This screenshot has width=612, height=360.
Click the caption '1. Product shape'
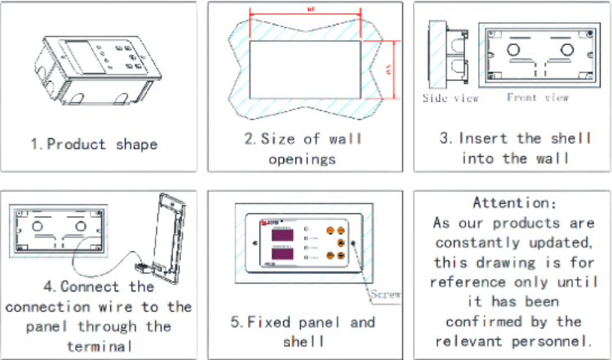pyautogui.click(x=94, y=144)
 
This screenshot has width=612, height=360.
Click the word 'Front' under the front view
pyautogui.click(x=521, y=97)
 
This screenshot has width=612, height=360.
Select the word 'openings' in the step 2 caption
pyautogui.click(x=302, y=158)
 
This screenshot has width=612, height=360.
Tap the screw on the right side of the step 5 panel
pyautogui.click(x=352, y=243)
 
